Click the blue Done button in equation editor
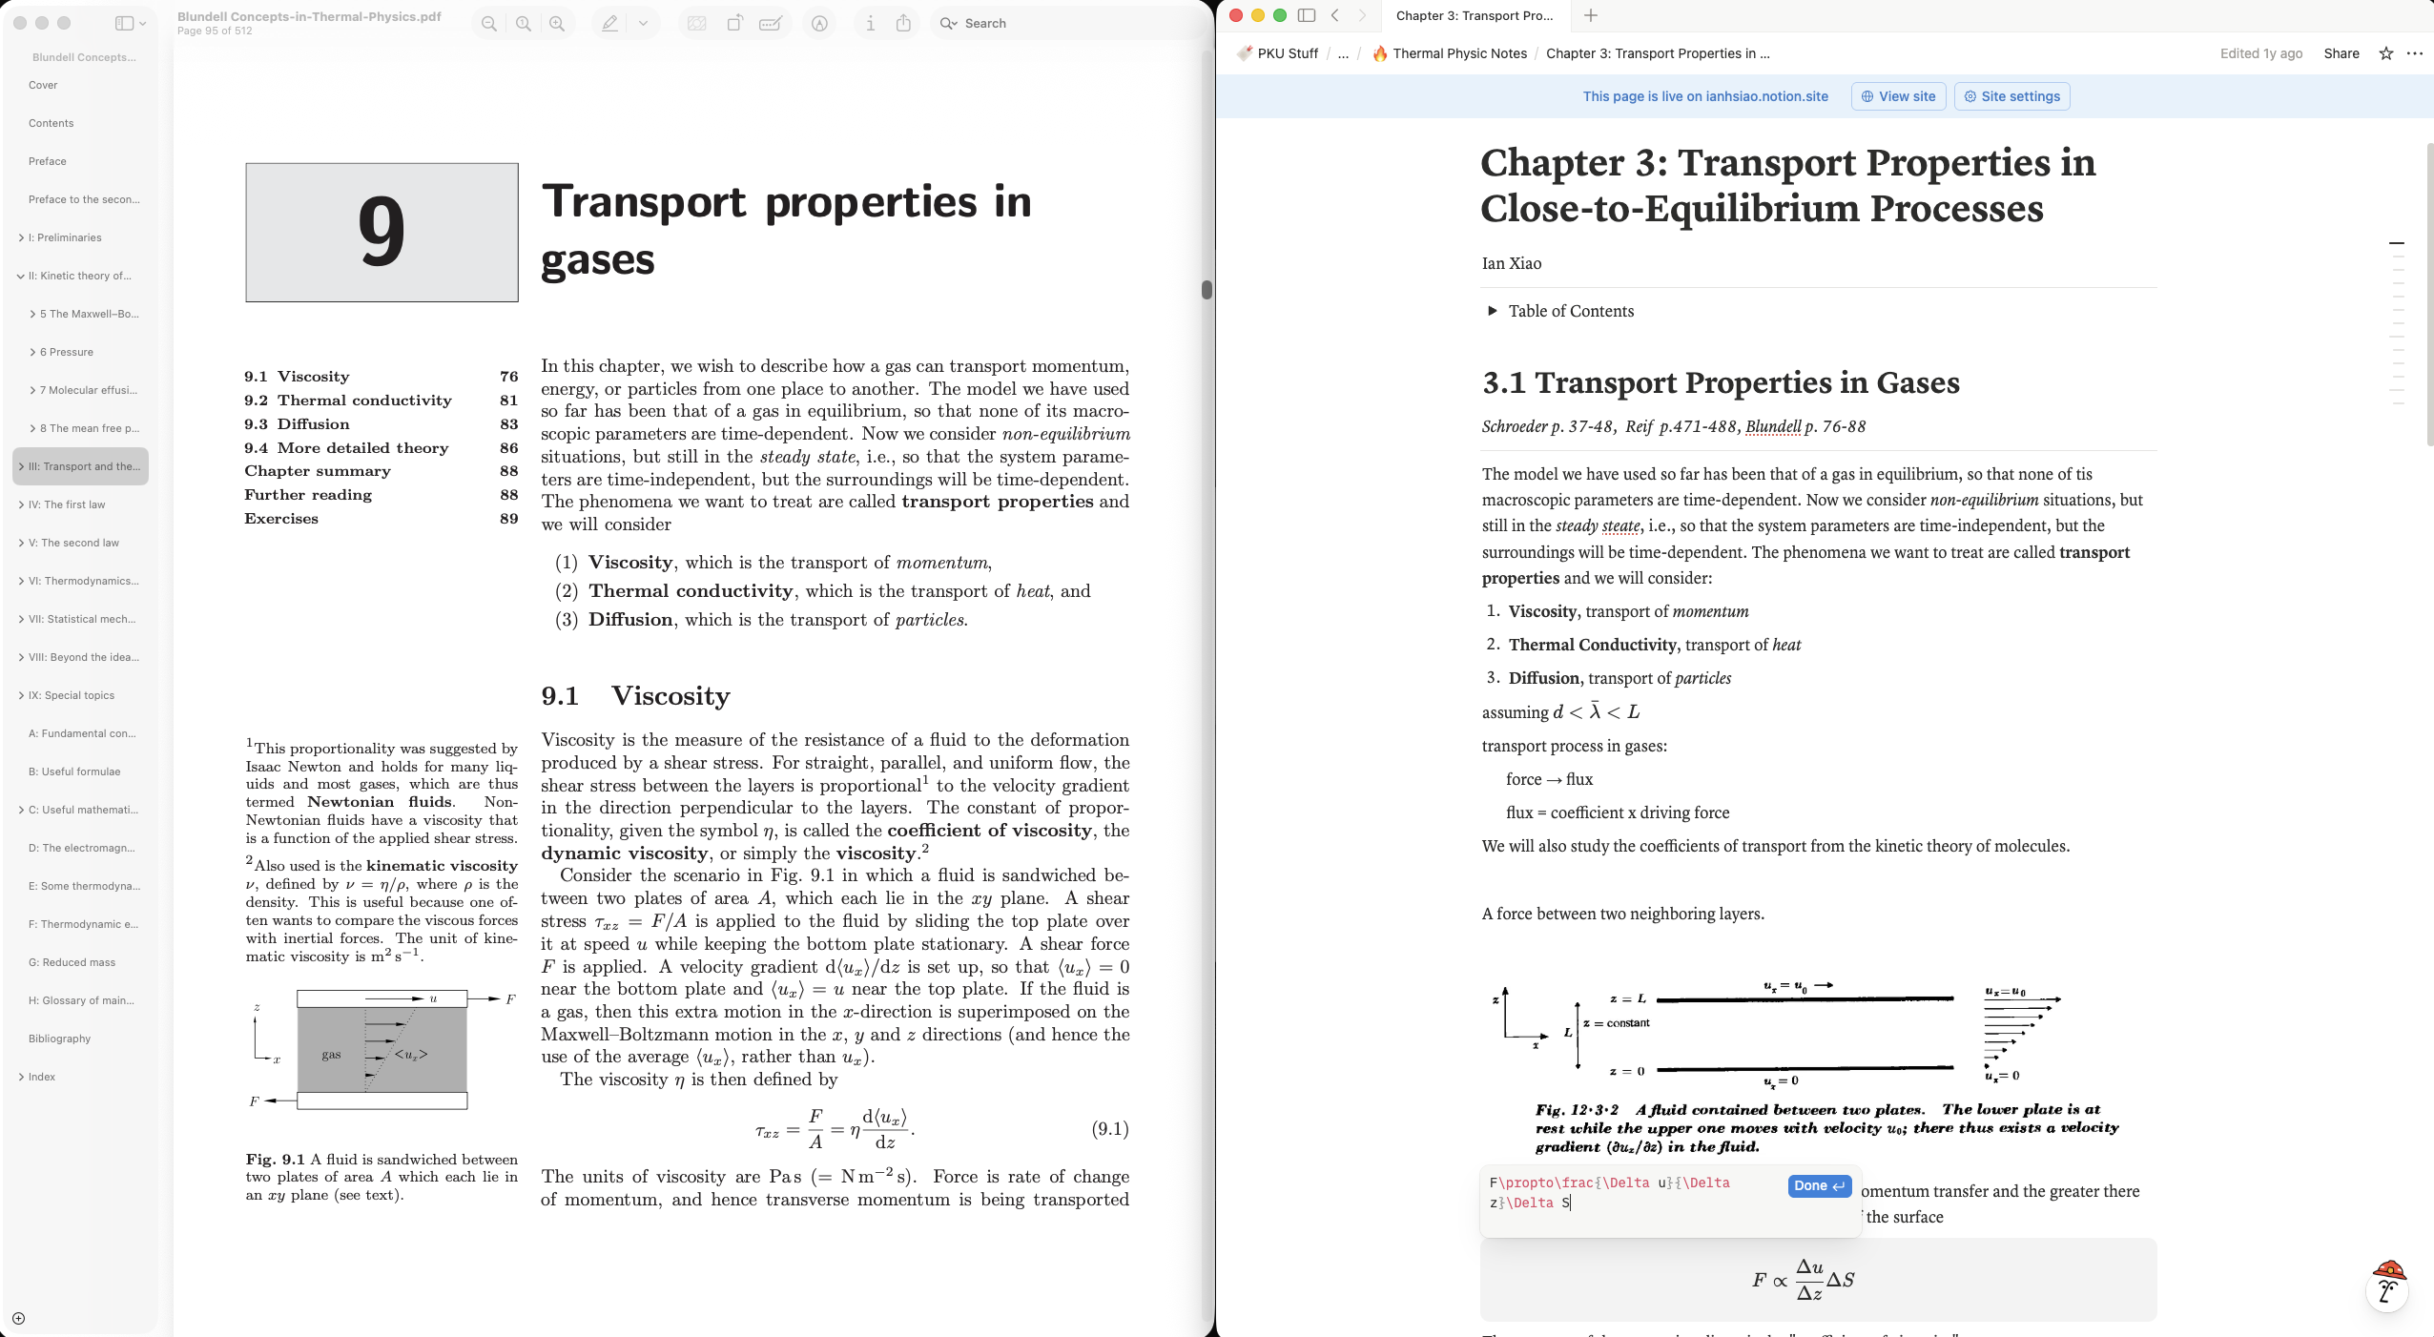[x=1819, y=1185]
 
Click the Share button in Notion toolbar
[x=2341, y=53]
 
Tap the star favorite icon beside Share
[x=2385, y=53]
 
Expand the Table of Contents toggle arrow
[x=1492, y=311]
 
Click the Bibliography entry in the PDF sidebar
[x=59, y=1039]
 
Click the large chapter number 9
[x=382, y=233]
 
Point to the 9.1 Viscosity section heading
[x=635, y=696]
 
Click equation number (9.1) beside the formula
[x=1109, y=1129]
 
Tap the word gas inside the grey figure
[x=331, y=1054]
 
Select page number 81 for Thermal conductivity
[x=508, y=401]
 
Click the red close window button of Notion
[x=1236, y=15]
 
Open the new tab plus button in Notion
[x=1591, y=15]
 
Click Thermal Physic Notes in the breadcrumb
[x=1459, y=53]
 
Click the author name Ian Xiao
[x=1511, y=263]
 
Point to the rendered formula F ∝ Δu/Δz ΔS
[x=1803, y=1280]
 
